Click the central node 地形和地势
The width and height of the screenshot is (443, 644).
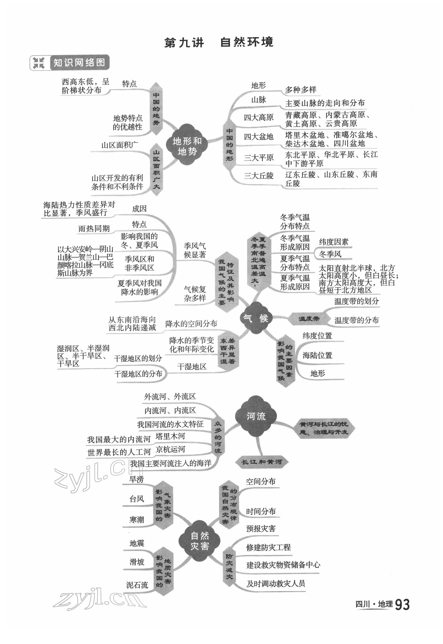pos(187,146)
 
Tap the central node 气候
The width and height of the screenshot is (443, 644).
pos(255,318)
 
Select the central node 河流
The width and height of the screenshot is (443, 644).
pos(256,416)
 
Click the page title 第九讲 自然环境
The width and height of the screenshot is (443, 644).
pos(219,42)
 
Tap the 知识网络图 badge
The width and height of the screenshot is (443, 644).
pos(70,63)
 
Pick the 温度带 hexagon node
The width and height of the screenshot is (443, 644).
pos(309,318)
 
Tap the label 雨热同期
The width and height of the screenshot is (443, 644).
pos(94,229)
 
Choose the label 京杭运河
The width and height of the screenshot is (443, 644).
pos(170,449)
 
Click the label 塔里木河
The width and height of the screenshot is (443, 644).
pos(170,436)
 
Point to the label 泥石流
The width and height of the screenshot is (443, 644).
pos(137,585)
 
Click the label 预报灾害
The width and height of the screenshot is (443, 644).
pos(261,529)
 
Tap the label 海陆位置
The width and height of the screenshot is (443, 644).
pos(317,355)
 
